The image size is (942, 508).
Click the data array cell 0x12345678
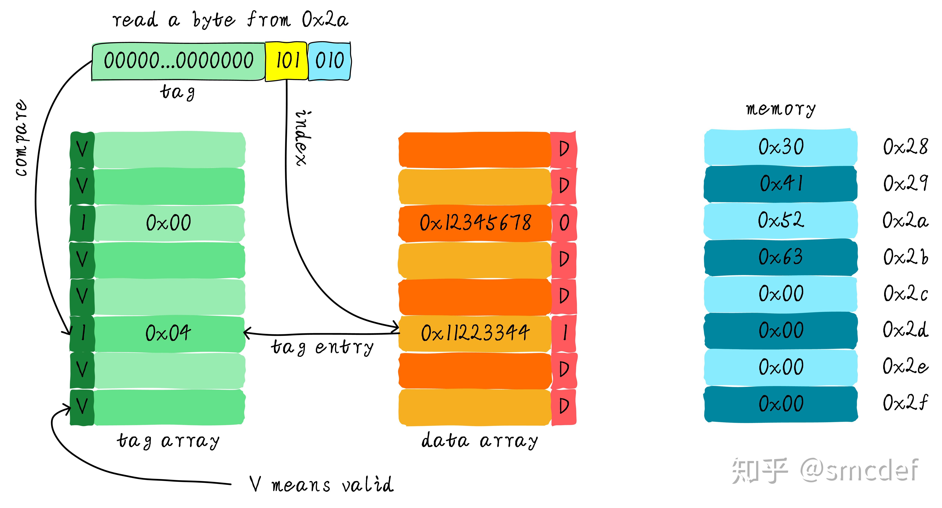click(475, 223)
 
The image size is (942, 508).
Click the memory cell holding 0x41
click(781, 184)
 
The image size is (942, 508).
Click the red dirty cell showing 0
click(564, 223)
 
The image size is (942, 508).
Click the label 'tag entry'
click(322, 347)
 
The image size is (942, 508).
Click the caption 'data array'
click(479, 441)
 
